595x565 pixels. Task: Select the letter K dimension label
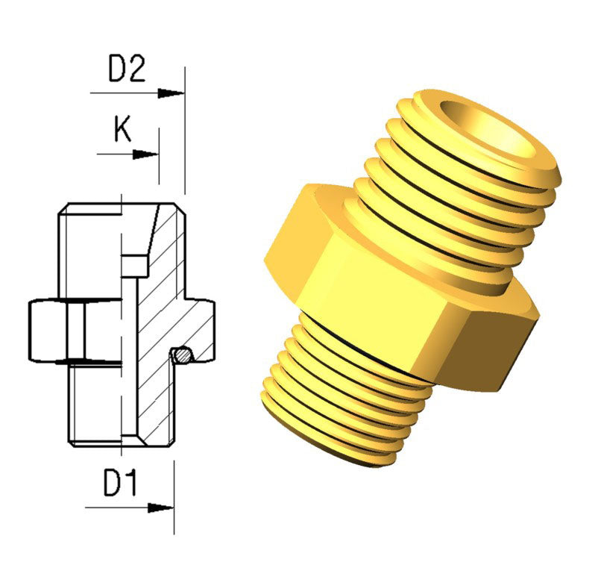click(x=123, y=130)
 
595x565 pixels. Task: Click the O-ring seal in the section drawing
click(x=181, y=355)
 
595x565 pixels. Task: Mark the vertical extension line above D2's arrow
click(x=184, y=127)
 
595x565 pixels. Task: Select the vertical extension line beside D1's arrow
click(x=174, y=496)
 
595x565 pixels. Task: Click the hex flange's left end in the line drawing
click(x=31, y=328)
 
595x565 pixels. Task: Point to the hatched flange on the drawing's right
click(x=198, y=321)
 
